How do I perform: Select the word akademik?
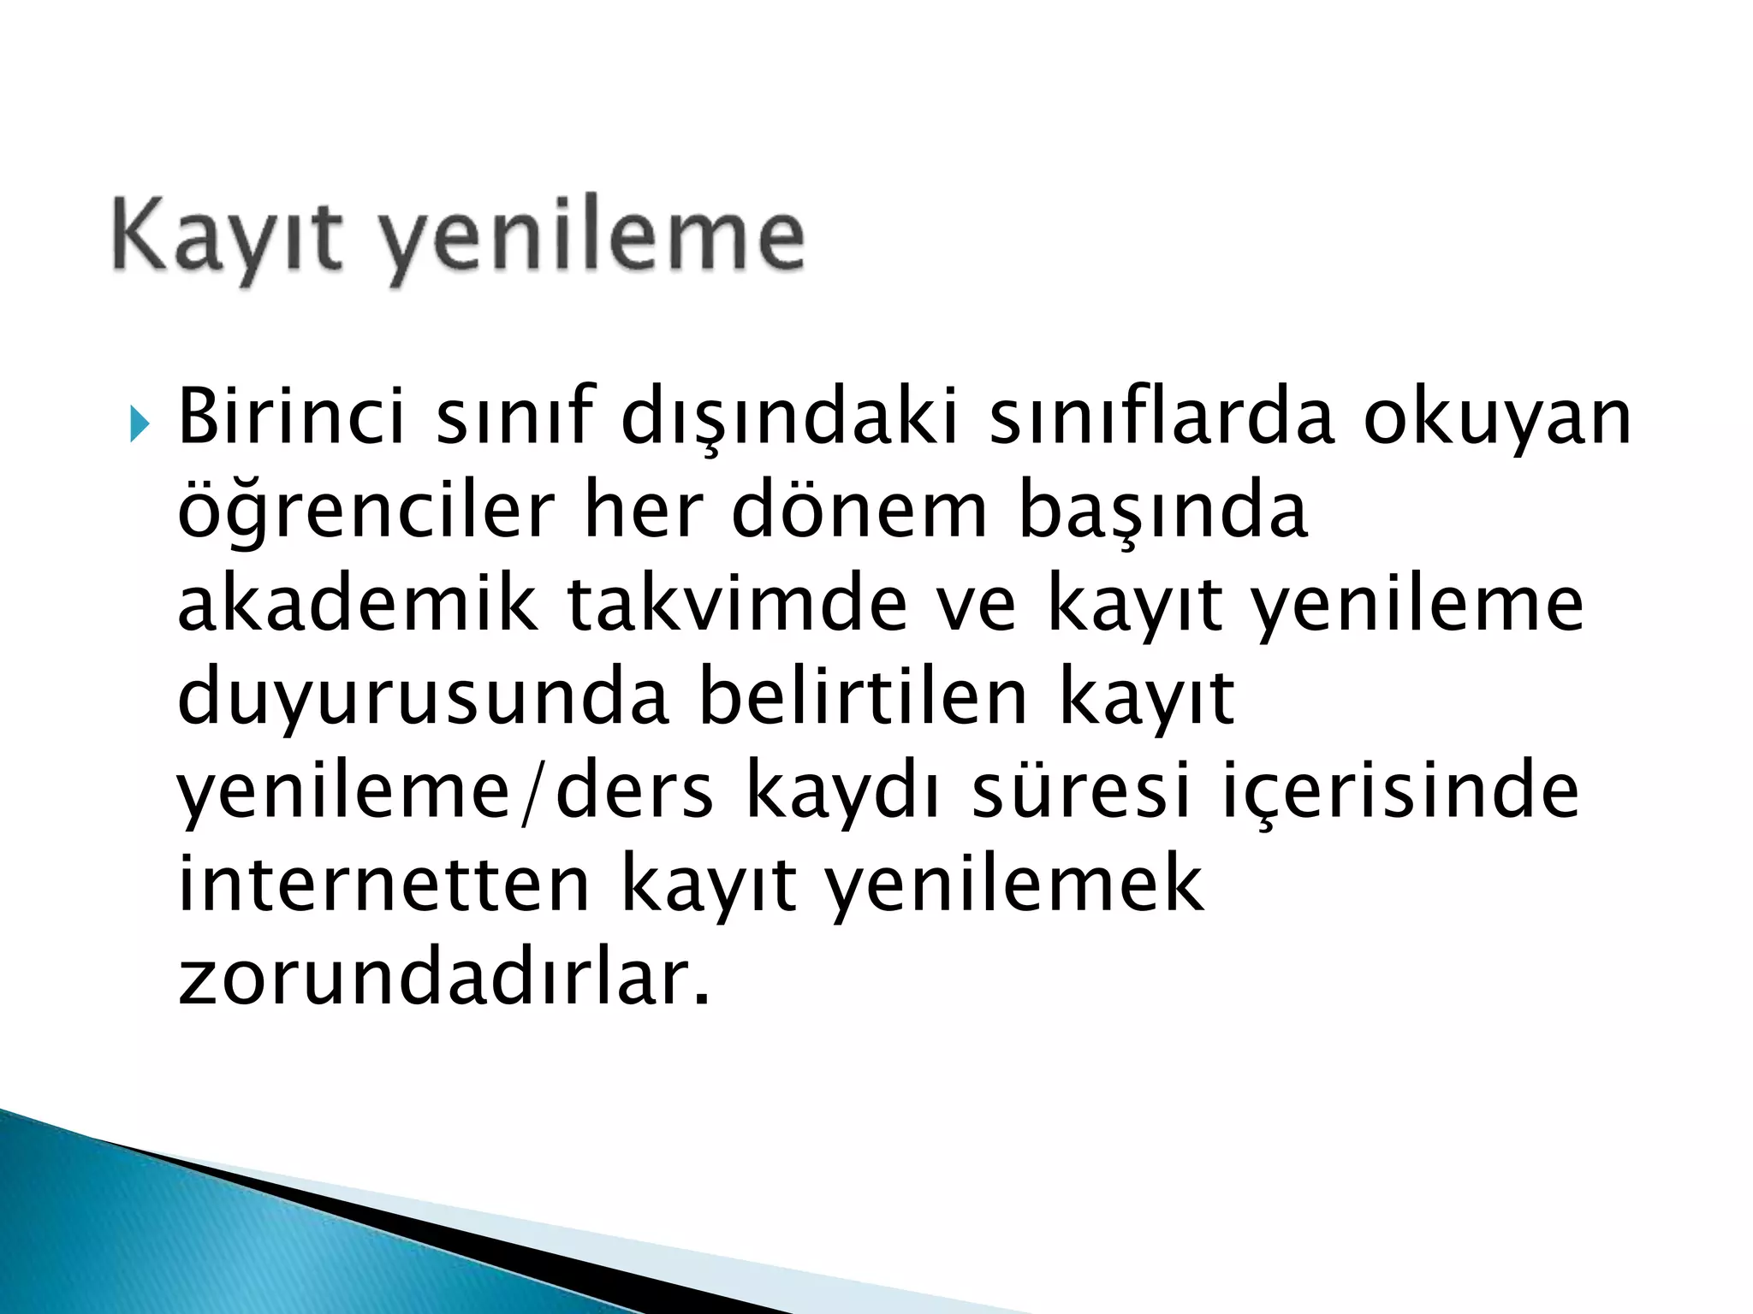(x=358, y=604)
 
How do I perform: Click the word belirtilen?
(x=863, y=696)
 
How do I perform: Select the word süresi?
(x=1081, y=790)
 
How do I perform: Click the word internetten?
(x=383, y=884)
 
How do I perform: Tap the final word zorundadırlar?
(x=443, y=978)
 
